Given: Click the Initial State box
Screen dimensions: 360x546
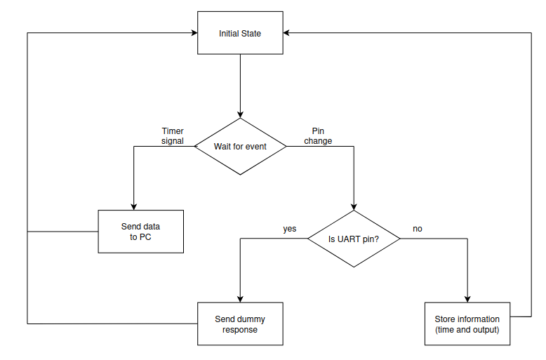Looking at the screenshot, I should (240, 33).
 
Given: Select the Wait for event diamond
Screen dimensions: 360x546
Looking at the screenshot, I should (240, 147).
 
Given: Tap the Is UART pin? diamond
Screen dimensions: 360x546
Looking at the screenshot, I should (354, 239).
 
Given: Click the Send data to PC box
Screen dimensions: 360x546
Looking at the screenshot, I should (140, 232).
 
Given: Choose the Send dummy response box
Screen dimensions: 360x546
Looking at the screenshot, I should (240, 324).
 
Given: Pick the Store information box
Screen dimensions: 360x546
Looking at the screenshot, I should (467, 324).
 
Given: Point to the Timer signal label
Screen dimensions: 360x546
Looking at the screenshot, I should (173, 136).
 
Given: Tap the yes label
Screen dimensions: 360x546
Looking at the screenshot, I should (290, 229).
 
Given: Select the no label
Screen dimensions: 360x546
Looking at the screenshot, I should (418, 229).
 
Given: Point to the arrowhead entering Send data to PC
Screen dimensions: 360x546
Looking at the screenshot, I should (133, 206).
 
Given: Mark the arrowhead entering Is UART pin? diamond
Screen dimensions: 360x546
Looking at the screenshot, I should (354, 206).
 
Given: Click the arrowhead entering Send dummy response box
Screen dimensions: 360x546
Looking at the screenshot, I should (240, 298).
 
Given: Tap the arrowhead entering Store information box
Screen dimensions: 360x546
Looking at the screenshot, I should (467, 298).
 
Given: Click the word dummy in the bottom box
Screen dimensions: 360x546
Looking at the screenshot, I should (251, 319).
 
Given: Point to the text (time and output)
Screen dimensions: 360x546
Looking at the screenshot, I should (467, 329).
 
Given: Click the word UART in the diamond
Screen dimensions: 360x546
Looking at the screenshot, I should (349, 239).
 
